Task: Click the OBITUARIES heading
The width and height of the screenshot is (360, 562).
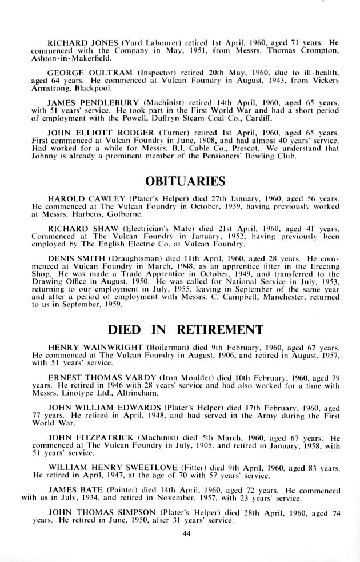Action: coord(186,182)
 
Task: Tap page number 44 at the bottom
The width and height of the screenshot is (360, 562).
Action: coord(186,534)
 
